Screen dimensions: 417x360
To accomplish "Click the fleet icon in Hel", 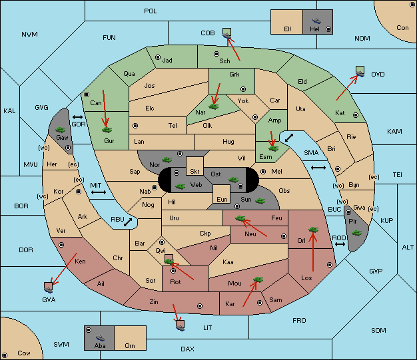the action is [x=316, y=21].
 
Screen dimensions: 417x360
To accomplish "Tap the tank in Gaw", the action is [x=61, y=130].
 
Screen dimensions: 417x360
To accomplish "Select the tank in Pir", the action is [x=356, y=233].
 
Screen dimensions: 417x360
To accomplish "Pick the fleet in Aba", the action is [x=100, y=338].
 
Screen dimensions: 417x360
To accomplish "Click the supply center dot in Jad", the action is [x=158, y=57].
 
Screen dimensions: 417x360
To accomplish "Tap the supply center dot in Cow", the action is [x=5, y=355].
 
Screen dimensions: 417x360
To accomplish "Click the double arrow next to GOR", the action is [x=78, y=117].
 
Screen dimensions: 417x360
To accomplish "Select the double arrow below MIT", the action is [x=99, y=192].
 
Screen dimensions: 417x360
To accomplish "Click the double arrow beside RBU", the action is [x=128, y=222].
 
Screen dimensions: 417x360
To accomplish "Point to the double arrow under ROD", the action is [x=340, y=244].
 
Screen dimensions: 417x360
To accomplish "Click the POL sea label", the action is [x=151, y=11].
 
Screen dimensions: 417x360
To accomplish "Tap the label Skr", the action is [x=195, y=172].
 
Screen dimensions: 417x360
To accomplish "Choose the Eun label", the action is [x=222, y=199].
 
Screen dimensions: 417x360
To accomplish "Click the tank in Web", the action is [x=181, y=186].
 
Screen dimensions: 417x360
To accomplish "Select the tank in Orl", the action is [x=313, y=230].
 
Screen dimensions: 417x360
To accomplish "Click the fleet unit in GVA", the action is [x=48, y=287].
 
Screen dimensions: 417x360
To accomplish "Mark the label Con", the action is [x=402, y=28].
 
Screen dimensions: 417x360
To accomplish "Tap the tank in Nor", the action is [x=167, y=160].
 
